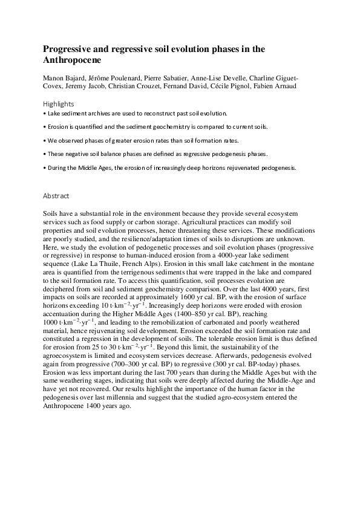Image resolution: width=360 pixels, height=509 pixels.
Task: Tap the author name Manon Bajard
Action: coord(64,78)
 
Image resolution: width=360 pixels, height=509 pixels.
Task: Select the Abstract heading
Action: coord(56,196)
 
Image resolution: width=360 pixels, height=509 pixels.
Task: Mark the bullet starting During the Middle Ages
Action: coord(169,167)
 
